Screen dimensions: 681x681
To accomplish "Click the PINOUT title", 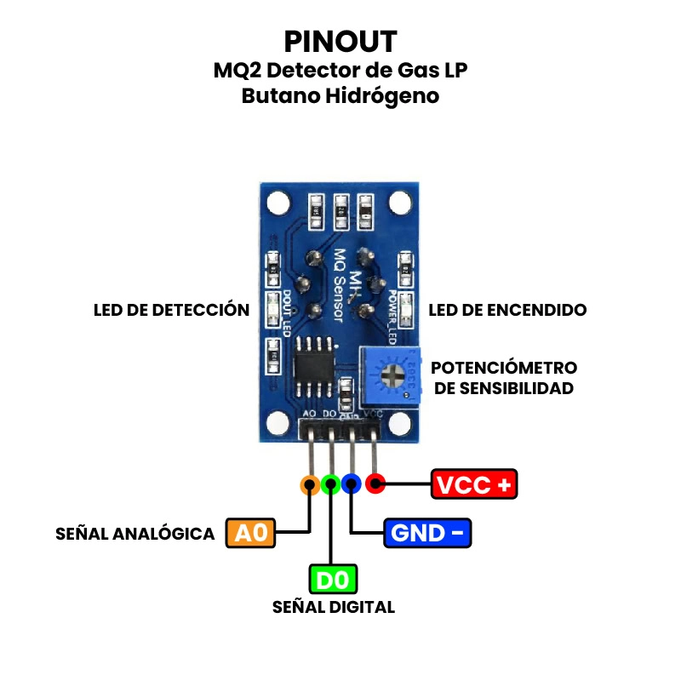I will click(x=340, y=41).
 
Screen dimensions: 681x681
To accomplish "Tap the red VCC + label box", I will click(x=474, y=484).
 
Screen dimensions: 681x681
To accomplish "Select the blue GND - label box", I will click(x=427, y=533).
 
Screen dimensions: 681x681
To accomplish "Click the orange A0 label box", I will click(x=251, y=533).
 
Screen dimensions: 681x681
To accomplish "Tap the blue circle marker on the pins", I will click(x=352, y=485).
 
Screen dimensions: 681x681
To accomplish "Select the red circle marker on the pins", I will click(x=375, y=485).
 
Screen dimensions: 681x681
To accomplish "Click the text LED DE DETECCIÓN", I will click(x=171, y=310).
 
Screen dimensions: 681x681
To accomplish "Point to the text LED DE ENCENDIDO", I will click(x=507, y=310).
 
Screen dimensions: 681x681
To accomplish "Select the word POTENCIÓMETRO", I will click(x=504, y=368).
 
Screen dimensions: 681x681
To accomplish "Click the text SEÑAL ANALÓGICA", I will click(x=134, y=534).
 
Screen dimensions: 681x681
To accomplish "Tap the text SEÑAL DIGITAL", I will click(x=334, y=607).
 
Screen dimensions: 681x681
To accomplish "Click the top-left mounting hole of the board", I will click(x=277, y=203).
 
